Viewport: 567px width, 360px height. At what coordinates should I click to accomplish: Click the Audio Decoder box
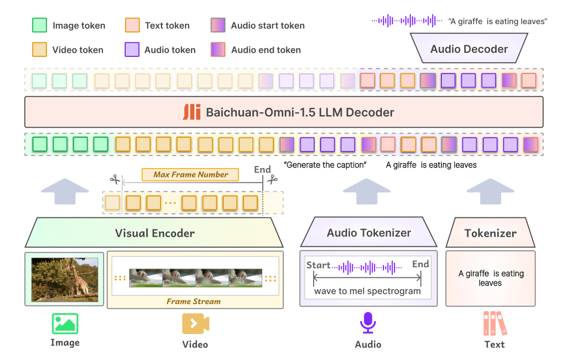click(x=469, y=48)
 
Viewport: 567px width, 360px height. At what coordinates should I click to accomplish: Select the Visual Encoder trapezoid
click(x=155, y=232)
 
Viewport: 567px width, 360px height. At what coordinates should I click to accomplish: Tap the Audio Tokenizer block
click(x=369, y=232)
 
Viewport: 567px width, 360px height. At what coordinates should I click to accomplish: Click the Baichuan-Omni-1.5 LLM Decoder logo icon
click(x=191, y=112)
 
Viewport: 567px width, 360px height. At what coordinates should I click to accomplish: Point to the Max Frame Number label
click(x=190, y=175)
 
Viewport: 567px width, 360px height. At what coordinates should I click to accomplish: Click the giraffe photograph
click(x=65, y=280)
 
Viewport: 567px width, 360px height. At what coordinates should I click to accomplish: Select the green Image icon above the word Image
click(x=65, y=324)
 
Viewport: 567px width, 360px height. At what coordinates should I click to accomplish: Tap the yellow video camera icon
click(x=195, y=324)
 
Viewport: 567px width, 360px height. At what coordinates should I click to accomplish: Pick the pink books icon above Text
click(x=495, y=323)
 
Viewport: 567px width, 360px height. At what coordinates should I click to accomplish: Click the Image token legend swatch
click(x=39, y=25)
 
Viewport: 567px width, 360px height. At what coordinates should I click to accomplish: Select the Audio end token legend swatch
click(x=218, y=49)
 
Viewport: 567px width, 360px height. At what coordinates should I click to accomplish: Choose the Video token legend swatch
click(x=39, y=49)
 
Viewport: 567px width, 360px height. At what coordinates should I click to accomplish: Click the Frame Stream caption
click(x=193, y=302)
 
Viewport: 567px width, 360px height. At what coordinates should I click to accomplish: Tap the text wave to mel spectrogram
click(x=368, y=291)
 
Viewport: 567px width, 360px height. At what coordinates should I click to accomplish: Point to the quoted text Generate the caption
click(x=325, y=165)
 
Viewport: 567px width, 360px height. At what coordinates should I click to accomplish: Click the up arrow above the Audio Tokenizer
click(x=367, y=191)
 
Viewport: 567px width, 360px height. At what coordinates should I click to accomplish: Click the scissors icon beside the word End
click(x=273, y=179)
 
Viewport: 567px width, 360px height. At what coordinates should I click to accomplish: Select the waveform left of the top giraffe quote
click(x=407, y=21)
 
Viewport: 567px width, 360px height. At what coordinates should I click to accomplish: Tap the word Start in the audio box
click(x=318, y=265)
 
